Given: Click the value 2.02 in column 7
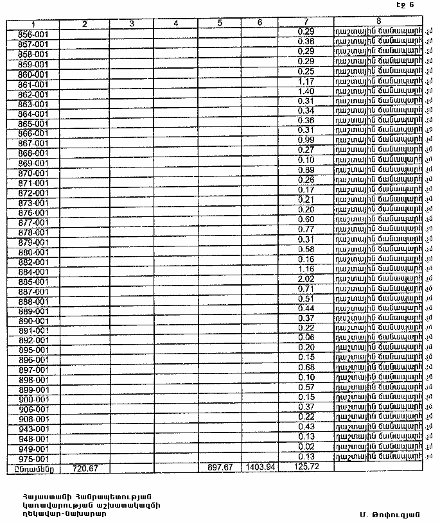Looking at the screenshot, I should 306,279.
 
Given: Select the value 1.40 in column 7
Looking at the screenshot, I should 306,92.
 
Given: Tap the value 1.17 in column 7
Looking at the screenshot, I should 306,82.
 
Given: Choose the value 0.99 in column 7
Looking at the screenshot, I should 306,141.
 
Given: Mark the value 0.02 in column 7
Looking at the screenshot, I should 306,447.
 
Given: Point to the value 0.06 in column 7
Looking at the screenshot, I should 306,338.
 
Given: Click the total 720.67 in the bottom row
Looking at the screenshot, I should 85,468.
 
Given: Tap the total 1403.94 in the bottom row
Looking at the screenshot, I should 260,467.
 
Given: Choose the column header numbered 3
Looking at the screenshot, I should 131,24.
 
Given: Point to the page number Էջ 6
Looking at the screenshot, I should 405,6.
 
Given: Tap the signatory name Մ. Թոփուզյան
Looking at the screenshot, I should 390,513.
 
